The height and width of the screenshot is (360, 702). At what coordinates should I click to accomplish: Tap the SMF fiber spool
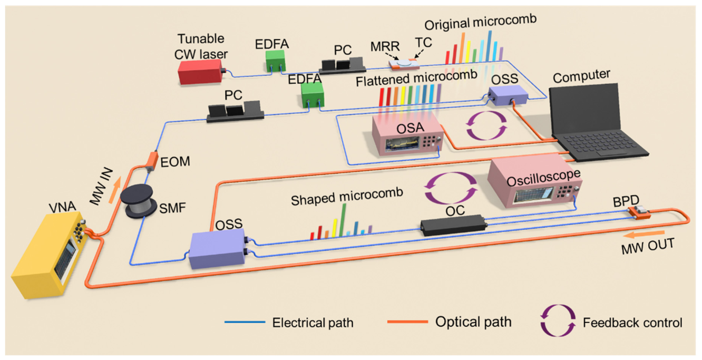coord(139,201)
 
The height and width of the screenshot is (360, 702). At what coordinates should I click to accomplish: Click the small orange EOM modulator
coord(152,161)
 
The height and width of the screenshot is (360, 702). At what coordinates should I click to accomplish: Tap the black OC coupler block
coord(454,225)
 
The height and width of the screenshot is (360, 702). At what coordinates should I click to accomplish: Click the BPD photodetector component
coord(639,213)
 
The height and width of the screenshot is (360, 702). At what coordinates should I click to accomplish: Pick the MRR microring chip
coord(404,64)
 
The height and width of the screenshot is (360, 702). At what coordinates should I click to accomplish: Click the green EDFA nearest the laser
coord(276,61)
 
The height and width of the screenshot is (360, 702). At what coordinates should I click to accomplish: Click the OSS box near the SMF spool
coord(217,248)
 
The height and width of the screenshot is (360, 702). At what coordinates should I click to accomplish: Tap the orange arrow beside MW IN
coord(115,190)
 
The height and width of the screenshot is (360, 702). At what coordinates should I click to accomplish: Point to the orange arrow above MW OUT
coord(643,235)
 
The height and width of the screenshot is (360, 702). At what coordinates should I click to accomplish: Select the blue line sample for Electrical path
coord(245,322)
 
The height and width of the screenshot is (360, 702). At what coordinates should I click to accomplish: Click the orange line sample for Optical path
coord(407,322)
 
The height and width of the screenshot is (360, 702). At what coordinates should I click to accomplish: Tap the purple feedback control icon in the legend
coord(558,320)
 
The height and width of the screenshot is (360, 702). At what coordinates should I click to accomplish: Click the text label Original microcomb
coord(481,22)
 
